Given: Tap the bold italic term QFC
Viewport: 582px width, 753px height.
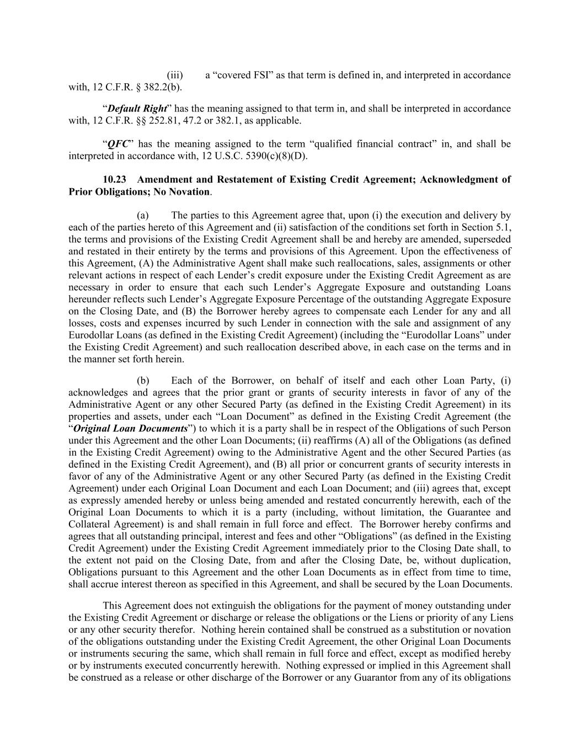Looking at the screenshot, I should tap(118, 144).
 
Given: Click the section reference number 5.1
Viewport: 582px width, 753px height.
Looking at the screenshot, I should tap(503, 227).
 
